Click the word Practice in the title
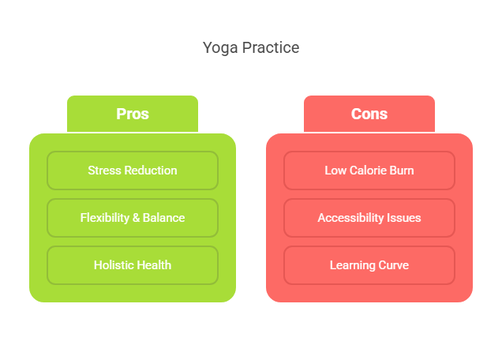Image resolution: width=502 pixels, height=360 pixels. click(271, 47)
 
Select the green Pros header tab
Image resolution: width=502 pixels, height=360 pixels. click(133, 114)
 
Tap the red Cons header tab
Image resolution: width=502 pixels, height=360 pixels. click(369, 114)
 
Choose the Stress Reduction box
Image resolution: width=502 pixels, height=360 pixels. click(133, 171)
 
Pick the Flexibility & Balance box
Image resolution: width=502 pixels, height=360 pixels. click(133, 218)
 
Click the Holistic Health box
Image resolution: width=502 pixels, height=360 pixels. click(133, 265)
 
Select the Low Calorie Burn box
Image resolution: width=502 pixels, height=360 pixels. click(369, 171)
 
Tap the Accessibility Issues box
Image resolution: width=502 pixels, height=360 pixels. click(369, 218)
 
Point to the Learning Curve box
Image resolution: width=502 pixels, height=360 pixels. click(369, 265)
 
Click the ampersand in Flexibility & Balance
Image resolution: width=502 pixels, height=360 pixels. click(136, 218)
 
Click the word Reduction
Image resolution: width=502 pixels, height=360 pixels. click(151, 171)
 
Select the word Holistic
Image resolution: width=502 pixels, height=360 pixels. click(110, 265)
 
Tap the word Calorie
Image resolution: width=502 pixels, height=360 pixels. click(367, 171)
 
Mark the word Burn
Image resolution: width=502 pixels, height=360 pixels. click(401, 171)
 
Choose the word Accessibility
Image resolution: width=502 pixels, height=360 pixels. click(350, 218)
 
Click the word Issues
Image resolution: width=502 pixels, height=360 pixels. click(404, 218)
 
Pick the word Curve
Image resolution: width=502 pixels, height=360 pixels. click(393, 265)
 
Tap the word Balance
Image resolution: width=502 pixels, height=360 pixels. click(163, 218)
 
